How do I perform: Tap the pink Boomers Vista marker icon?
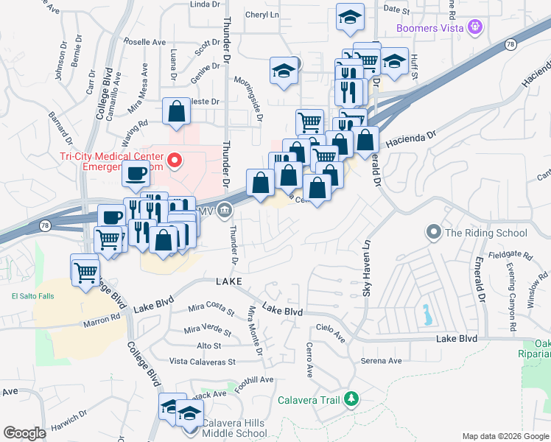point(476,28)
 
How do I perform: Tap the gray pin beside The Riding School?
point(433,233)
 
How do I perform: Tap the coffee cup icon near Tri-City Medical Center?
point(136,174)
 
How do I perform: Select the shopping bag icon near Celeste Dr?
point(177,111)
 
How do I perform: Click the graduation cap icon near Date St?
point(351,17)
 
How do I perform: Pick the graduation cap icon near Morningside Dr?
point(283,71)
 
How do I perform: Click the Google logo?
point(24,433)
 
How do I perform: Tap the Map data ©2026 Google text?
point(505,436)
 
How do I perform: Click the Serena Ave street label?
point(381,361)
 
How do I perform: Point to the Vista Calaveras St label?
point(202,362)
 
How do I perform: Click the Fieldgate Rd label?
point(514,255)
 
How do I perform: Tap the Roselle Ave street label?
point(146,42)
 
